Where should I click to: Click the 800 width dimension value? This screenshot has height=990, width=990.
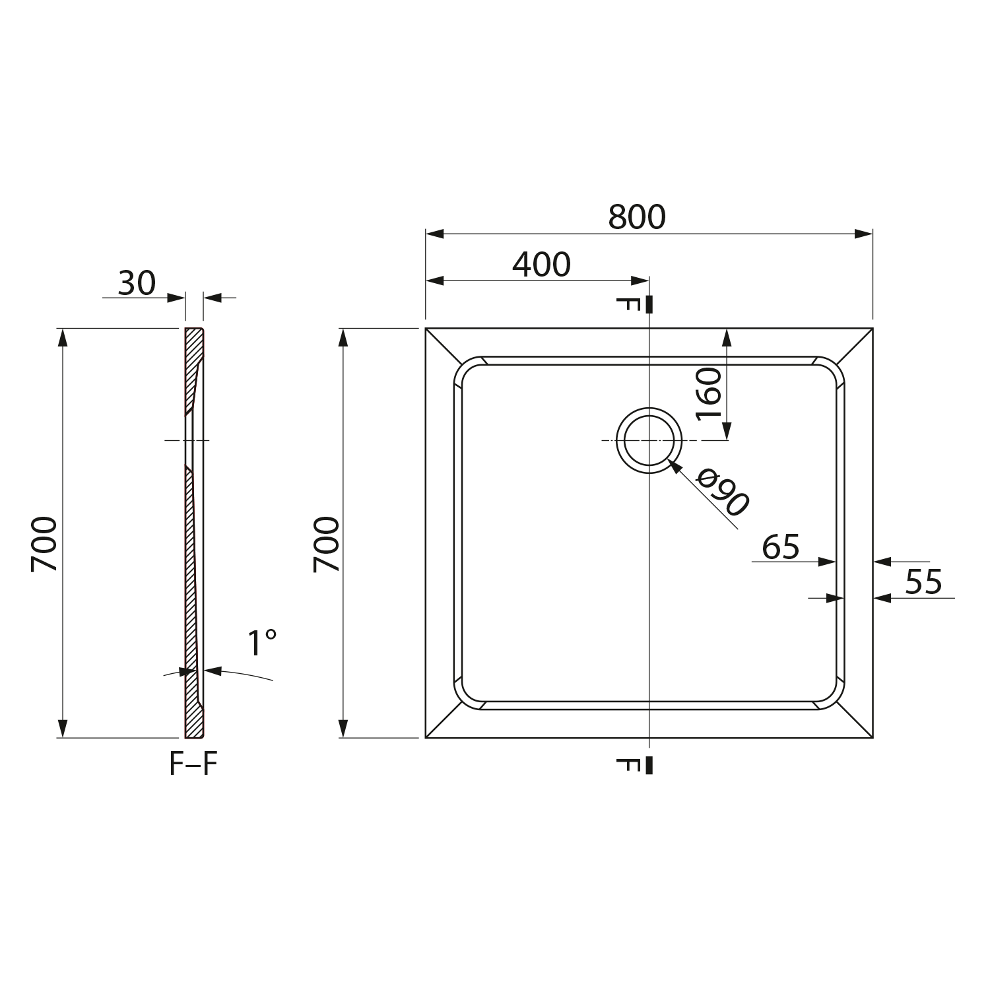click(637, 217)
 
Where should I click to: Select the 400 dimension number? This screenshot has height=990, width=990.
click(541, 265)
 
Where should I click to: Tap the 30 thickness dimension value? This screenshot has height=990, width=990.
click(137, 283)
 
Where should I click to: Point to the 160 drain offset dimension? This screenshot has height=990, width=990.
click(709, 394)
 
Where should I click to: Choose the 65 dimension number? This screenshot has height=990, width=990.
click(781, 547)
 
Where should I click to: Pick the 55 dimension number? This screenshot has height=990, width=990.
click(923, 582)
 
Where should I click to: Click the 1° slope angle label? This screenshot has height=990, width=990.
click(262, 643)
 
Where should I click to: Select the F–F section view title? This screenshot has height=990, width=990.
click(193, 764)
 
